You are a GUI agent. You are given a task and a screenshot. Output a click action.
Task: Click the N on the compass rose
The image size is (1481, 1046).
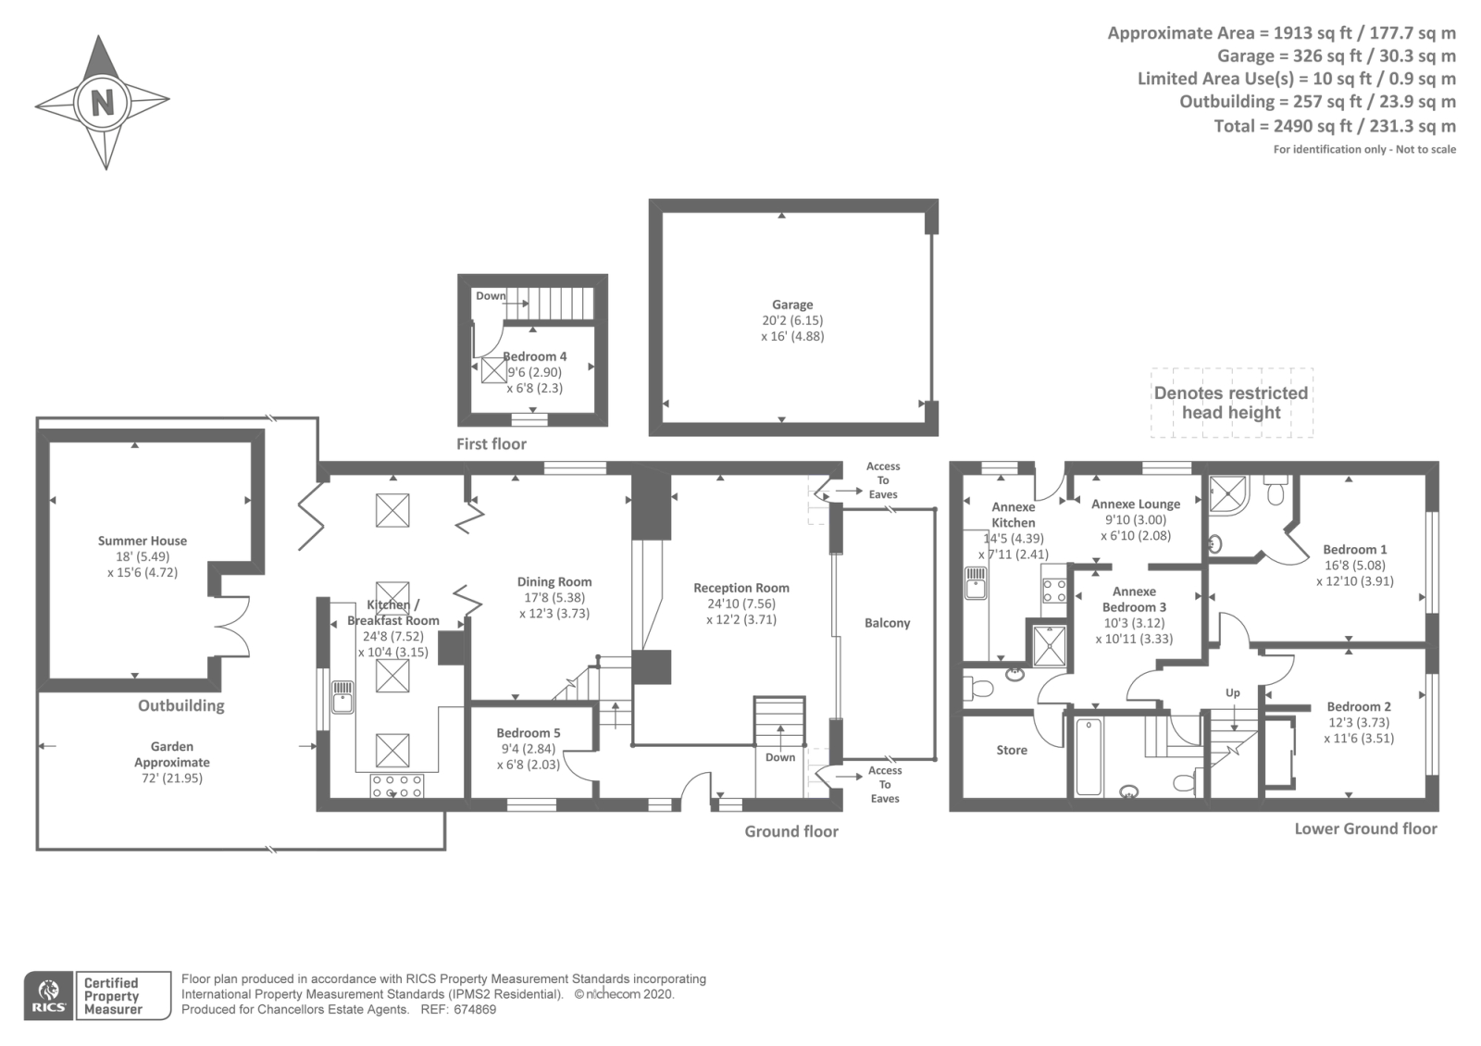coord(103,103)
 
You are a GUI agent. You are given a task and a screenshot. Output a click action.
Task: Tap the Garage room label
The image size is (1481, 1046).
coord(792,305)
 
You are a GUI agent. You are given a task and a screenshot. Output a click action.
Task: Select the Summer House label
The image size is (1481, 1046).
coord(143,541)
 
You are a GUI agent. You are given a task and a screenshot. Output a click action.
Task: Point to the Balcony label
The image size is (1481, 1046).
coord(888,623)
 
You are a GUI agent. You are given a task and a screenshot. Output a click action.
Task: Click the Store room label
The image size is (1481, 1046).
coord(1012,750)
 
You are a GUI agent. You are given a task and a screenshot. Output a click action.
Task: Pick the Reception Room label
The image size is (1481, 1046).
coord(741,588)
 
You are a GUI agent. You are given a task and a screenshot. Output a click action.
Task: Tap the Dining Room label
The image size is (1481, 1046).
coord(554,582)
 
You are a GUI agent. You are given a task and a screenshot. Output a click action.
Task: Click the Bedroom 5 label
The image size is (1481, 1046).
coord(529,732)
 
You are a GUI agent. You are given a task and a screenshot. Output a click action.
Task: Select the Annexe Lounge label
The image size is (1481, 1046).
coord(1135,504)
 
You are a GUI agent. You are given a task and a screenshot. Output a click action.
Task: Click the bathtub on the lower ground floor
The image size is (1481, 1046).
coord(1089,757)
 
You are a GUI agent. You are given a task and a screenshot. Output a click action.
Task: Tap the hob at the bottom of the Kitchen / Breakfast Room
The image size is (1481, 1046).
coord(397,786)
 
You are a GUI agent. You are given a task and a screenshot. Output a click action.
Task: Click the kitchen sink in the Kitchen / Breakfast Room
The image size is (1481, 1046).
coord(342,697)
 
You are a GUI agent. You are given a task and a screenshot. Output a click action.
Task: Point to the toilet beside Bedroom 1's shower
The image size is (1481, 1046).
coord(1276,492)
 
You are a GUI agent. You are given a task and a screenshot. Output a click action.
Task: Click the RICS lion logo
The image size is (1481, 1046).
coord(49,995)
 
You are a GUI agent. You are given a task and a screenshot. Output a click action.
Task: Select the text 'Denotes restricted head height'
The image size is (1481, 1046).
coord(1231,403)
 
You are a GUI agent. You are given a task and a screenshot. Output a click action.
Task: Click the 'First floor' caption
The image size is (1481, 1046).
coord(492,443)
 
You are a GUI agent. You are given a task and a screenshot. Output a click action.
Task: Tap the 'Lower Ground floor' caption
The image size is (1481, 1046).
coord(1365,828)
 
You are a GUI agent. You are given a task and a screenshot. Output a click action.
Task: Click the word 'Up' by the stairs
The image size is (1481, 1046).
coord(1232,693)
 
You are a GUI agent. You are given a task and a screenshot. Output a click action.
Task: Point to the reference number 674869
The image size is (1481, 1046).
coord(475,1010)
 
